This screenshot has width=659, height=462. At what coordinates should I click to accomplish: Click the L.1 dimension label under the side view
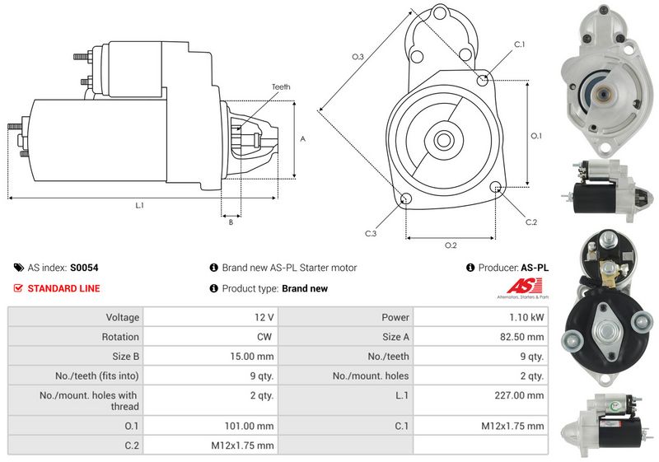[x=139, y=206]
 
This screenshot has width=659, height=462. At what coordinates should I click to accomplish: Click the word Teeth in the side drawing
[x=281, y=87]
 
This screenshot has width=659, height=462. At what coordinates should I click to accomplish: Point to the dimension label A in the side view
[x=303, y=139]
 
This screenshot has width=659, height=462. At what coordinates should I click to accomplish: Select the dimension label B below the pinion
[x=231, y=222]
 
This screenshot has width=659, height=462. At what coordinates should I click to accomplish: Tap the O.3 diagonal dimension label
[x=358, y=56]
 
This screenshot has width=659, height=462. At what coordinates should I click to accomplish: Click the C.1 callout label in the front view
[x=520, y=44]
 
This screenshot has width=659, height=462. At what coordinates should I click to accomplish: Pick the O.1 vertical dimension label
[x=536, y=136]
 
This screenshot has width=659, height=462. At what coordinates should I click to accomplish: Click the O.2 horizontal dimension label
[x=451, y=245]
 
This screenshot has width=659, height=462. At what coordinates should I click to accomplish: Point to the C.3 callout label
[x=371, y=234]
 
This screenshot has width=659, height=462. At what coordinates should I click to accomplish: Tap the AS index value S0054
[x=84, y=268]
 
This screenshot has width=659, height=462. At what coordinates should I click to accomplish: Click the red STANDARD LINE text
[x=64, y=288]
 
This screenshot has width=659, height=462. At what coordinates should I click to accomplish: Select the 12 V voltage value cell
[x=265, y=317]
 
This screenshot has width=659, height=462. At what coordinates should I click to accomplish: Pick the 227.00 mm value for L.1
[x=524, y=396]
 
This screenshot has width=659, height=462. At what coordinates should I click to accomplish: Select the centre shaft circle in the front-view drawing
[x=443, y=139]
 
